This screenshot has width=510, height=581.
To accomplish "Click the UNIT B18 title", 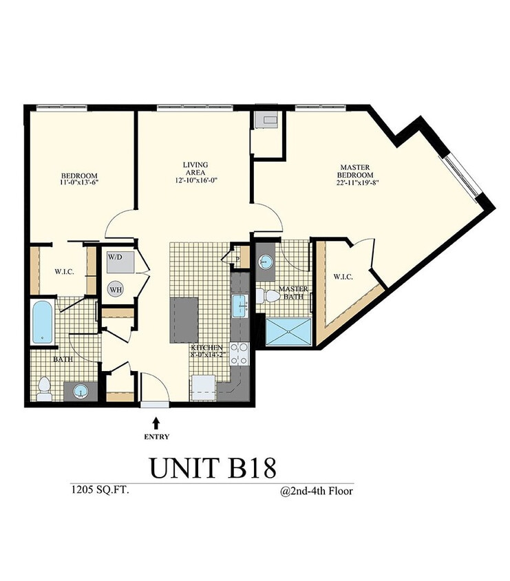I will [x=213, y=467].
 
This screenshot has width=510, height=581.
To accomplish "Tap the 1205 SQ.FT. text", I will [x=97, y=491].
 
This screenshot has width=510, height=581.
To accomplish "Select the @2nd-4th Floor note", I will [x=316, y=492].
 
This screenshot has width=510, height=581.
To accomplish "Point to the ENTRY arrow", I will [x=156, y=422].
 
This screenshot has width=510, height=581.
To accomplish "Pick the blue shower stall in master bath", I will [x=288, y=331].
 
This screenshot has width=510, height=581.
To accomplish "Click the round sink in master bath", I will [x=266, y=262].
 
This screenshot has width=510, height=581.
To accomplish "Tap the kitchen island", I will [x=184, y=321].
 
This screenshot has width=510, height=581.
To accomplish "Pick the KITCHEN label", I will [x=206, y=348].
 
